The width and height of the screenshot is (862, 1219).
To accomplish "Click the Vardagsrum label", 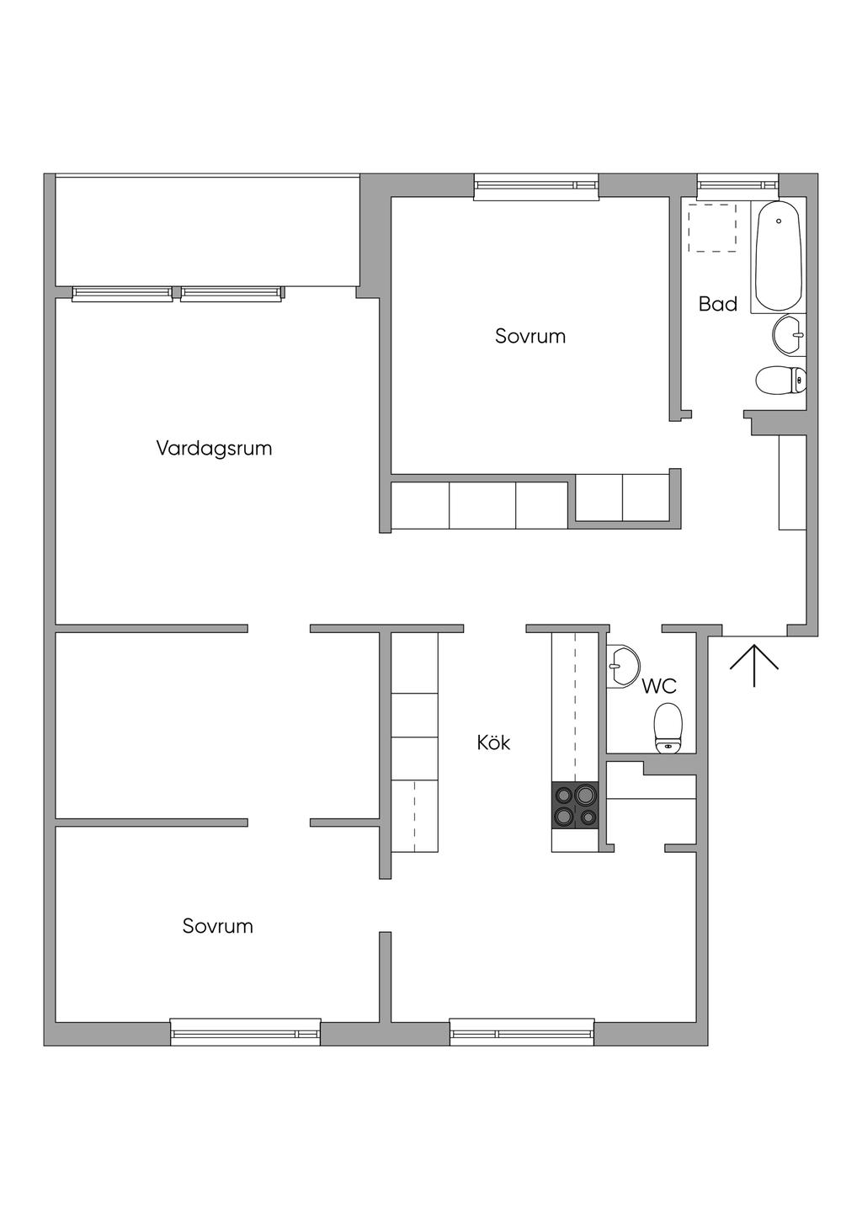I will (x=214, y=448).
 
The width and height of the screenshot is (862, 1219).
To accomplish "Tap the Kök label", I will (x=493, y=743).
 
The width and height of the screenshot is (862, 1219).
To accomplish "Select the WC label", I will (x=659, y=686).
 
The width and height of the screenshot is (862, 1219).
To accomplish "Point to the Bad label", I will (x=718, y=304).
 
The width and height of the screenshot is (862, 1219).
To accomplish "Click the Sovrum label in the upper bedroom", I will (x=530, y=336).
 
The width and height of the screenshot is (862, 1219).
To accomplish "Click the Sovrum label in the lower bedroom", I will (x=218, y=926).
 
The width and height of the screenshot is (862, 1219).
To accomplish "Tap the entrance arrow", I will (x=753, y=663).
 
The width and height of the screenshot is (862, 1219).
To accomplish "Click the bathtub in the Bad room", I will (x=779, y=256).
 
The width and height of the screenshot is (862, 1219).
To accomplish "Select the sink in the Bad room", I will (x=789, y=334).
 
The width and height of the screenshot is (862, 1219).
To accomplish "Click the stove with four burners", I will (x=575, y=806).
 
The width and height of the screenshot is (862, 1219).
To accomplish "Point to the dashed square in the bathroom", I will (x=712, y=227).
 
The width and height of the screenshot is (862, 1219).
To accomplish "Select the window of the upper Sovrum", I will (x=536, y=186).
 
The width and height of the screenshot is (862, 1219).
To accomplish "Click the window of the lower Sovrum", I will (x=245, y=1031).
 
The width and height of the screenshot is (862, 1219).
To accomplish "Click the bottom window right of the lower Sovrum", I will (x=522, y=1031).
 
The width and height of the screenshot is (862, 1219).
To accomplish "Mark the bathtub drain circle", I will (x=779, y=221).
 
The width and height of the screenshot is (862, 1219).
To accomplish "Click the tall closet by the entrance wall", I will (x=792, y=482).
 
